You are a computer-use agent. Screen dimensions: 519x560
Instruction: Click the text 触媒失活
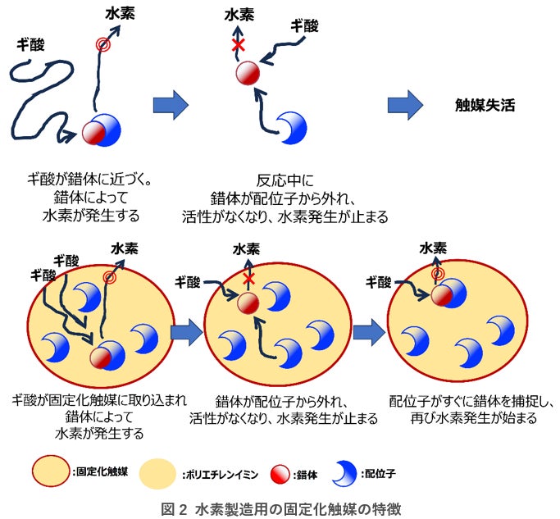pos(485,106)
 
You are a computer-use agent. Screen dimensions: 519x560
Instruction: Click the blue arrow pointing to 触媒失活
pos(405,105)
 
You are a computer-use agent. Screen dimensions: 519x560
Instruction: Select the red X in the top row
pos(239,46)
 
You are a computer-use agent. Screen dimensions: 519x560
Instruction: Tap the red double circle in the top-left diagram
pos(102,45)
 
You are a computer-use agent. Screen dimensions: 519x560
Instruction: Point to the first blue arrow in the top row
pos(171,105)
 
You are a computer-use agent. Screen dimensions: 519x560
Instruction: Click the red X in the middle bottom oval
pos(247,280)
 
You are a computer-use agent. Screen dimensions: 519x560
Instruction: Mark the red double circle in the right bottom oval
pos(438,274)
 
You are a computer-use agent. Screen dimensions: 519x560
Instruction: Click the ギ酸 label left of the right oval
pos(379,282)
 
